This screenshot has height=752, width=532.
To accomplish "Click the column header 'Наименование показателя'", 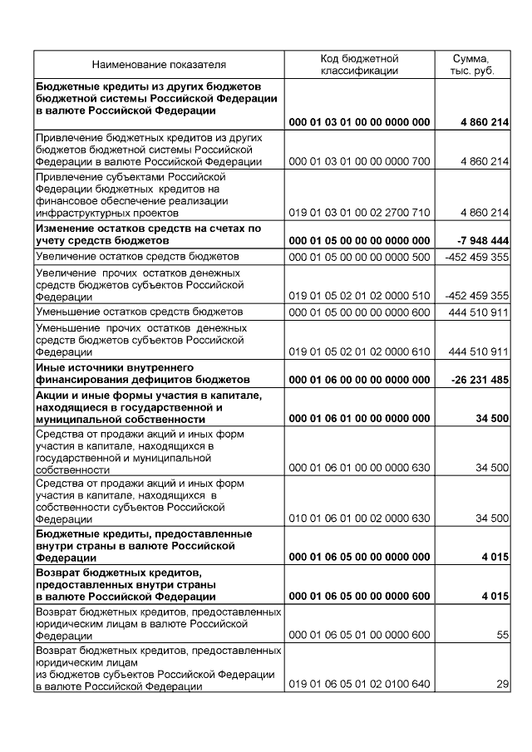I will click(x=159, y=64).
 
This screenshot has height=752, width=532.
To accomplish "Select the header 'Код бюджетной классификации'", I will click(x=359, y=64).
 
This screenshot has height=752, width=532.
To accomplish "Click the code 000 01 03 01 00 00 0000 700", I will click(x=359, y=161).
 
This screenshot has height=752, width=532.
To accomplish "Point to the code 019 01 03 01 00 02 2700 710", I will click(x=359, y=213).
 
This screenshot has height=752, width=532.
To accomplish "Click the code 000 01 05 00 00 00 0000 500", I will click(x=359, y=257).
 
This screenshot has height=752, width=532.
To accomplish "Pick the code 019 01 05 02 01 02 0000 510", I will click(x=359, y=295).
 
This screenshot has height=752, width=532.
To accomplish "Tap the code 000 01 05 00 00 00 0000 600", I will click(x=359, y=312).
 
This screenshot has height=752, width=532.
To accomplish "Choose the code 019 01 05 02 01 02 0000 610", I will click(x=359, y=351).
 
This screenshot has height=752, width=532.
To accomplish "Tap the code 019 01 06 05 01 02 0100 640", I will click(x=359, y=686).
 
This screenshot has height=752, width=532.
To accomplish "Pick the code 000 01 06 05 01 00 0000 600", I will click(x=359, y=635).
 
